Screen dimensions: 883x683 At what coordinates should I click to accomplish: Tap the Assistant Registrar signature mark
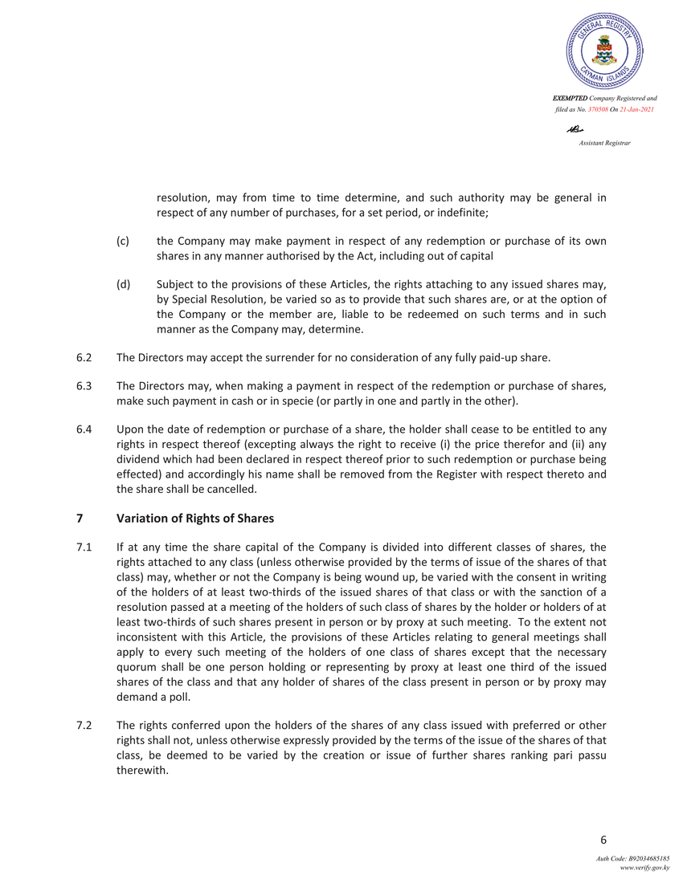[x=575, y=128]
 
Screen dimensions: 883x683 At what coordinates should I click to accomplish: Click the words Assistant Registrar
[x=604, y=143]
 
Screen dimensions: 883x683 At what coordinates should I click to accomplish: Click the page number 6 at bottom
[x=603, y=840]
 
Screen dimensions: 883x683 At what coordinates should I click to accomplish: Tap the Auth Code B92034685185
[x=632, y=860]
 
